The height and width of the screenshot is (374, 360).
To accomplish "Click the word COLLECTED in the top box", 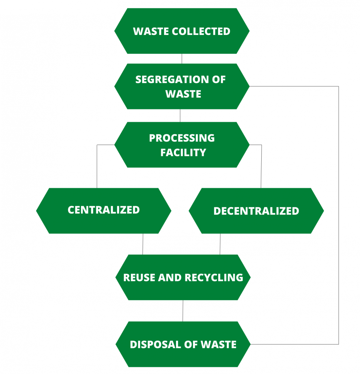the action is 201,31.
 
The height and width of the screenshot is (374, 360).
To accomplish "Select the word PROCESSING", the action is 182,138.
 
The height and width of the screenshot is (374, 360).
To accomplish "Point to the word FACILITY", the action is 183,153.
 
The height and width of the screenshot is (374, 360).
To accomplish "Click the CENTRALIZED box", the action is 104,211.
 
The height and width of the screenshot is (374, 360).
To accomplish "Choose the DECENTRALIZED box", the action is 256,211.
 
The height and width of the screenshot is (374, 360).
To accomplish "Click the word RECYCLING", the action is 214,278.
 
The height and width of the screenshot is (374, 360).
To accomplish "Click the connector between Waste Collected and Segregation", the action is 182,59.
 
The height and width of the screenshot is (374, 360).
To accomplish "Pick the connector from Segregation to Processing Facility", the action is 180,116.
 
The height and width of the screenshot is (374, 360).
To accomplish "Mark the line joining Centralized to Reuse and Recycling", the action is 143,244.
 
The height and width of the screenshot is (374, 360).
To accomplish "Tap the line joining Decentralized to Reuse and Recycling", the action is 220,244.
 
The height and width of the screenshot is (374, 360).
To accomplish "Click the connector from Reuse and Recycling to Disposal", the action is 183,311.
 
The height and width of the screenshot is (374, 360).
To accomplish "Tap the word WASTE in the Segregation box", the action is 183,94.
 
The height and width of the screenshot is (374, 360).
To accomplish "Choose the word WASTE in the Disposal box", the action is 219,345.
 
